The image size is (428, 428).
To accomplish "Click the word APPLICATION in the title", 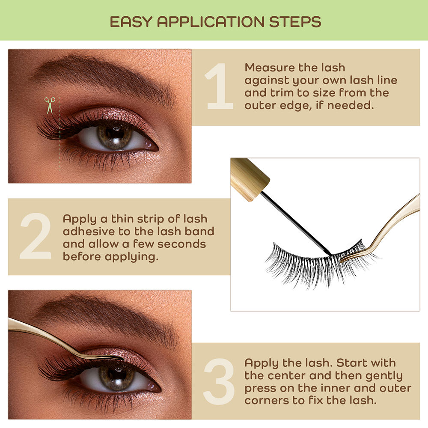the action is point(211,22).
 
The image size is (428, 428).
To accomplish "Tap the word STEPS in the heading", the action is point(295,22).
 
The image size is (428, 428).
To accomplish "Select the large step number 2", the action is point(36,236).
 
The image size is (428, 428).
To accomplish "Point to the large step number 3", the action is point(218,382).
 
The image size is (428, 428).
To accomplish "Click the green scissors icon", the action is point(50,105).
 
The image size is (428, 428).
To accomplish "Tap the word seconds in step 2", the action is point(181,244).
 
